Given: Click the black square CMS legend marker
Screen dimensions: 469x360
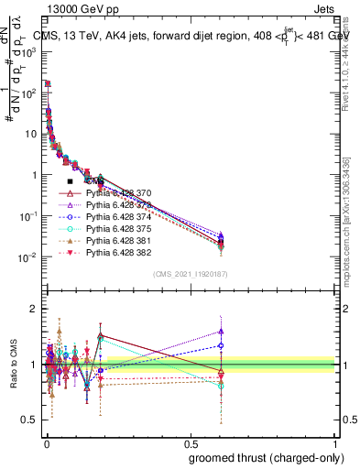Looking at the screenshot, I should click(x=70, y=182).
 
